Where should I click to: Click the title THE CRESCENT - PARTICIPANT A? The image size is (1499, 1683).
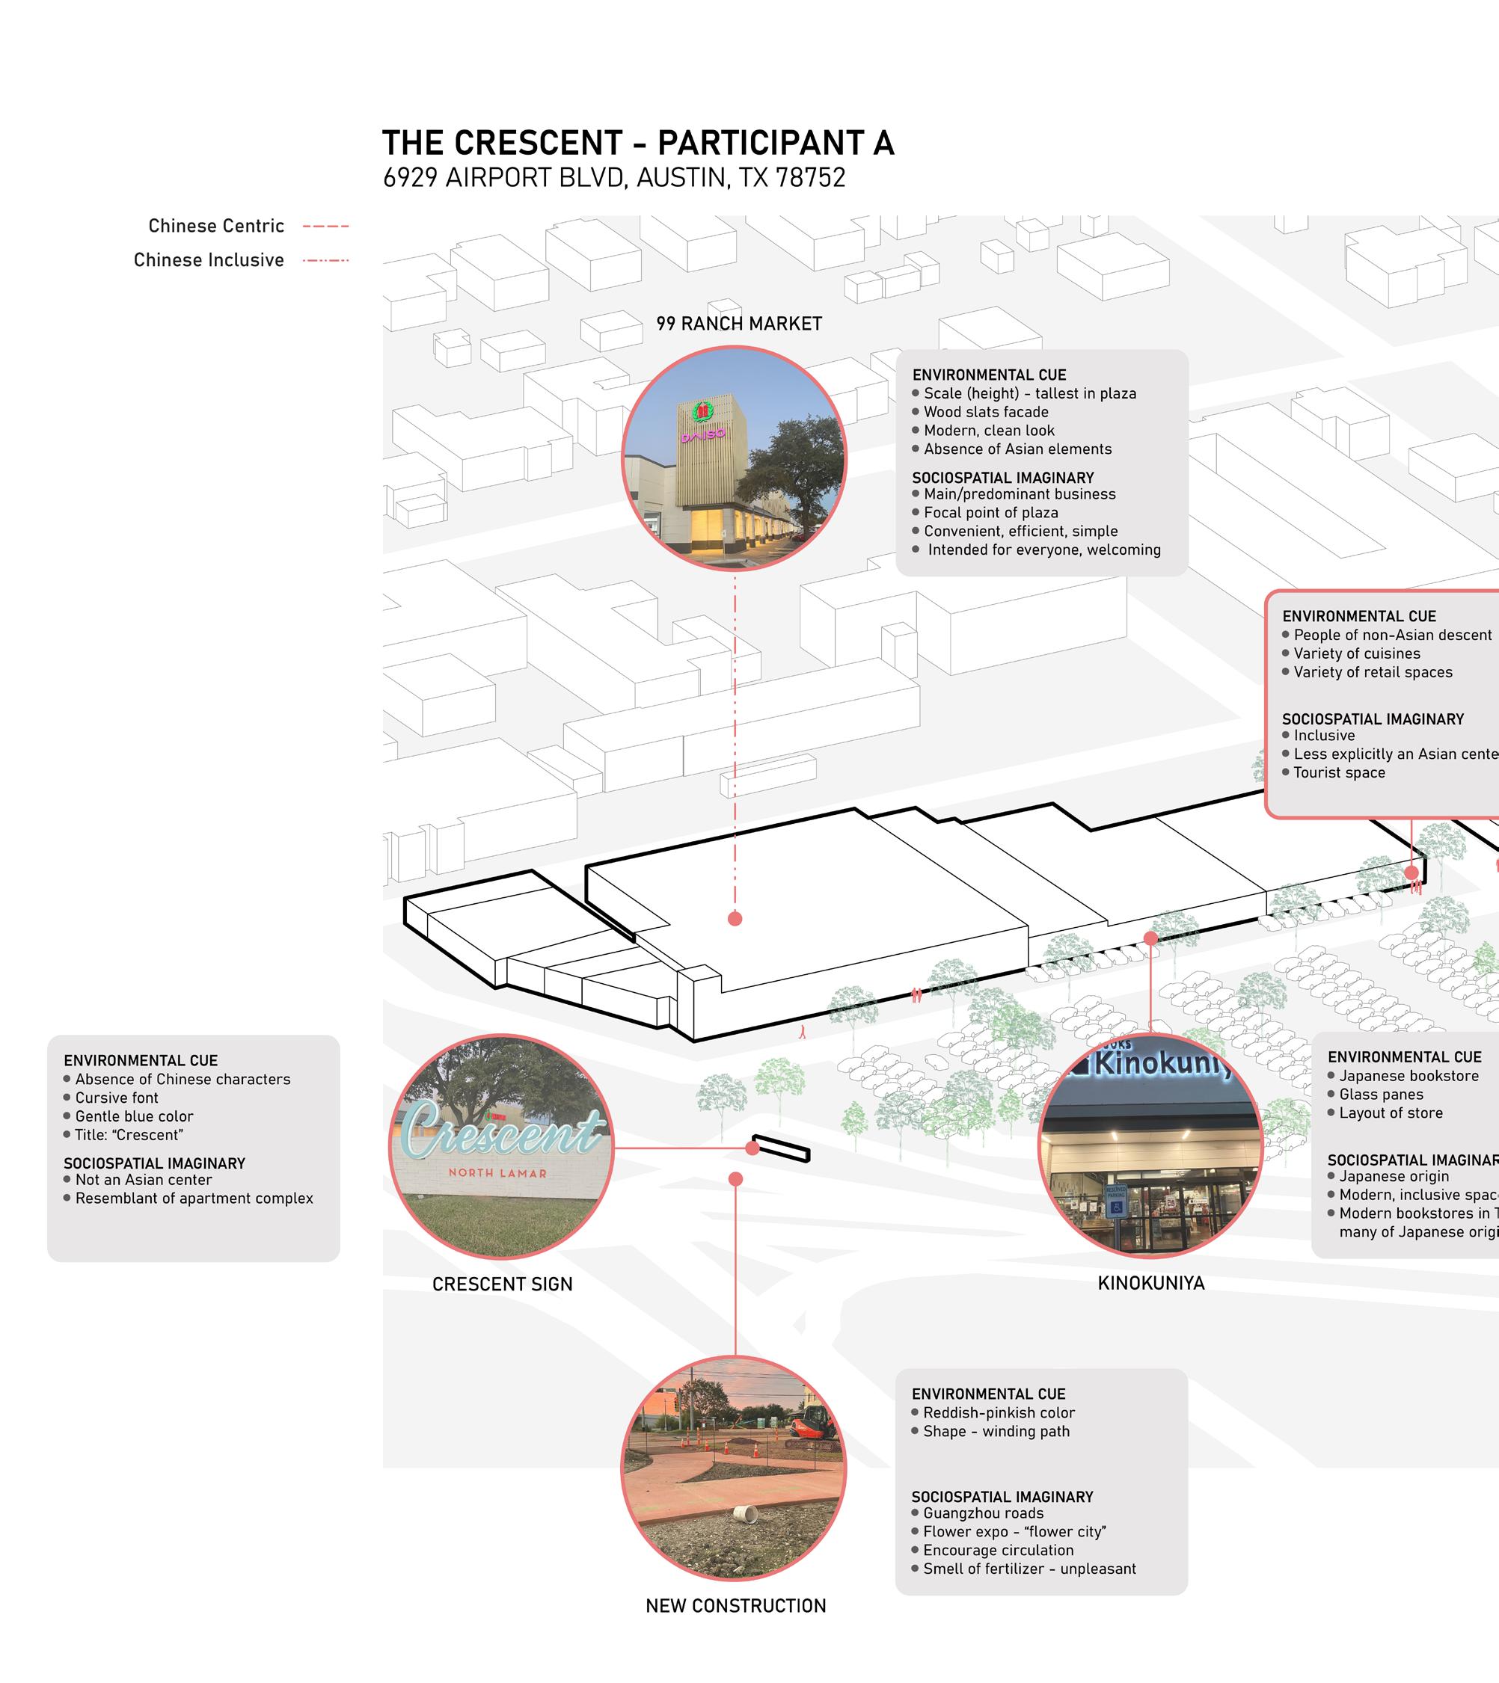pyautogui.click(x=637, y=144)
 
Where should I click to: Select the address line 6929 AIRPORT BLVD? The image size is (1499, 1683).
pyautogui.click(x=613, y=178)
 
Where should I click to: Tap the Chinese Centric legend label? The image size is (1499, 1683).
pyautogui.click(x=215, y=226)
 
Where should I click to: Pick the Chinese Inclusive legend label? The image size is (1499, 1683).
pyautogui.click(x=209, y=260)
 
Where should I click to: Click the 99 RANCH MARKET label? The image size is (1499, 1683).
pyautogui.click(x=739, y=324)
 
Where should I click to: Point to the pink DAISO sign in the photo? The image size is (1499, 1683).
pyautogui.click(x=702, y=434)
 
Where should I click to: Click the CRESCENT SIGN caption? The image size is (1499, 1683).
pyautogui.click(x=502, y=1284)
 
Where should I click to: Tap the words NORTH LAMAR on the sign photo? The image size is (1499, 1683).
pyautogui.click(x=497, y=1172)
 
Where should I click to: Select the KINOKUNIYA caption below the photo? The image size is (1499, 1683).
pyautogui.click(x=1150, y=1283)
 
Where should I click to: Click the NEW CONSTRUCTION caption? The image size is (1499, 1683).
pyautogui.click(x=735, y=1605)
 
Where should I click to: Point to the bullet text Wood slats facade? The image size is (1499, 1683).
pyautogui.click(x=986, y=412)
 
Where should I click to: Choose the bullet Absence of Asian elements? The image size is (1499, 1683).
pyautogui.click(x=1017, y=449)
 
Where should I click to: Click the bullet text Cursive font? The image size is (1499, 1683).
pyautogui.click(x=117, y=1098)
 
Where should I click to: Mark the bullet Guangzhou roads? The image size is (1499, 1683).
pyautogui.click(x=983, y=1513)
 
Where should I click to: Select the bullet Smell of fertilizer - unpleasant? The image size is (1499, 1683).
pyautogui.click(x=1029, y=1569)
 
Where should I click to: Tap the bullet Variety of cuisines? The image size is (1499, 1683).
pyautogui.click(x=1357, y=653)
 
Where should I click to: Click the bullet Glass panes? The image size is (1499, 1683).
pyautogui.click(x=1380, y=1095)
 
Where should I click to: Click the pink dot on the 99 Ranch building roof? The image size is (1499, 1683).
pyautogui.click(x=735, y=918)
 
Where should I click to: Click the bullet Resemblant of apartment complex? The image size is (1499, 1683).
pyautogui.click(x=194, y=1198)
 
